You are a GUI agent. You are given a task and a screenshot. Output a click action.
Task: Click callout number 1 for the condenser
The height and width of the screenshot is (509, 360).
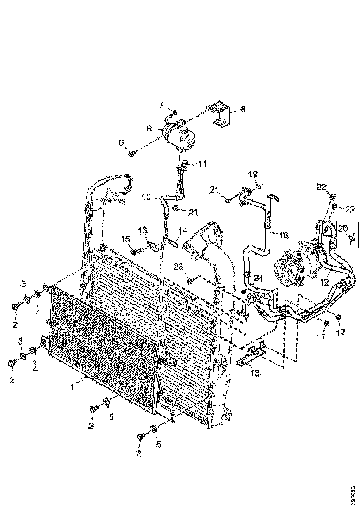point(73,387)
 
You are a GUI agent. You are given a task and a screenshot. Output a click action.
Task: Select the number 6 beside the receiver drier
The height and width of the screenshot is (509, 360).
point(149,129)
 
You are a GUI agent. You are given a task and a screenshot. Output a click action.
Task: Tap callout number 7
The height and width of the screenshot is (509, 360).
point(161,104)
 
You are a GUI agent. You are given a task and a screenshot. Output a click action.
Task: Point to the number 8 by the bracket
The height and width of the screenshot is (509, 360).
point(242,110)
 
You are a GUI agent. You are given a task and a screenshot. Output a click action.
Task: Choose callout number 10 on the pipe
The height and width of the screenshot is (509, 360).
point(146,197)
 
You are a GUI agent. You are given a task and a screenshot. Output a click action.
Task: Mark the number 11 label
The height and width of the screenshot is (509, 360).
point(203,164)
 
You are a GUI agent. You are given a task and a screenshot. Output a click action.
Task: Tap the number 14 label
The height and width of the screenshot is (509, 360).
point(183,230)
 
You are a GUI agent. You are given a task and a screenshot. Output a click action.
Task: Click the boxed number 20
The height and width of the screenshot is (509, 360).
point(343,228)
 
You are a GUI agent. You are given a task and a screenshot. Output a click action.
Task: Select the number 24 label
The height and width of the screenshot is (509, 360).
point(258,278)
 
